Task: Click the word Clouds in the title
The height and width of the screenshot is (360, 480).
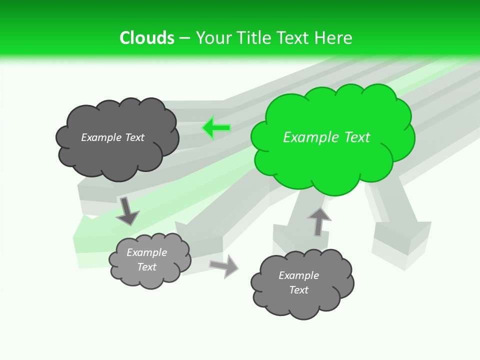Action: [147, 38]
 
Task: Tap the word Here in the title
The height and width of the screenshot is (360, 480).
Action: [334, 38]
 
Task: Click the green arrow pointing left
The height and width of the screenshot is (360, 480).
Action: [216, 128]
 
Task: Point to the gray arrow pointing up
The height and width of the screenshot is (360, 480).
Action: [318, 221]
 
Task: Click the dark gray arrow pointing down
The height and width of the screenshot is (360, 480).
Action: [127, 210]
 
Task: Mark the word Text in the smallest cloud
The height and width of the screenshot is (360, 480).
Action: [146, 267]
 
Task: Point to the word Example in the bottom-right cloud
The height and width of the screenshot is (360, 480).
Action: [298, 275]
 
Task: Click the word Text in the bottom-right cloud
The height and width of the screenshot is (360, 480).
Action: [298, 290]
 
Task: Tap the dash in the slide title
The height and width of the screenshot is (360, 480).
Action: [184, 38]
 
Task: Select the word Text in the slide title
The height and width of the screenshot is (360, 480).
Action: [292, 38]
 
